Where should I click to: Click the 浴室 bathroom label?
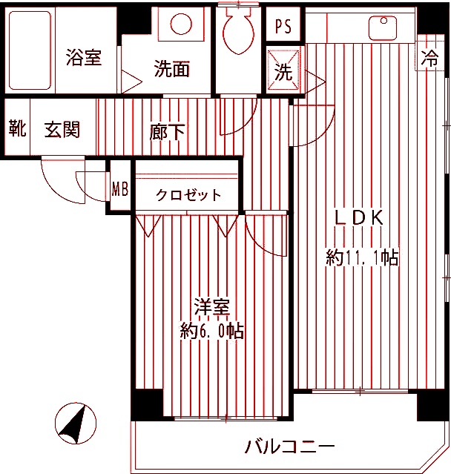click(83, 58)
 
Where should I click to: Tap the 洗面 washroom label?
click(172, 70)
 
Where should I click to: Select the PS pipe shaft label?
click(283, 27)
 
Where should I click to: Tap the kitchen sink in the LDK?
click(382, 27)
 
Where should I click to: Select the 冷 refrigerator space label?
click(429, 56)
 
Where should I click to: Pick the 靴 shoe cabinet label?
click(17, 129)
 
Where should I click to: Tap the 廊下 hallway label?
click(168, 132)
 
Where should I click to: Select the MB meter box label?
click(119, 188)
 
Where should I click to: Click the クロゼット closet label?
click(188, 195)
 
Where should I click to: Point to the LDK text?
click(359, 217)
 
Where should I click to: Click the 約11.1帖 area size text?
click(362, 257)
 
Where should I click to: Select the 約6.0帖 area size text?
click(212, 331)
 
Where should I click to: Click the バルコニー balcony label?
click(289, 447)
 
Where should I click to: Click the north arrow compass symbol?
click(76, 424)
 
